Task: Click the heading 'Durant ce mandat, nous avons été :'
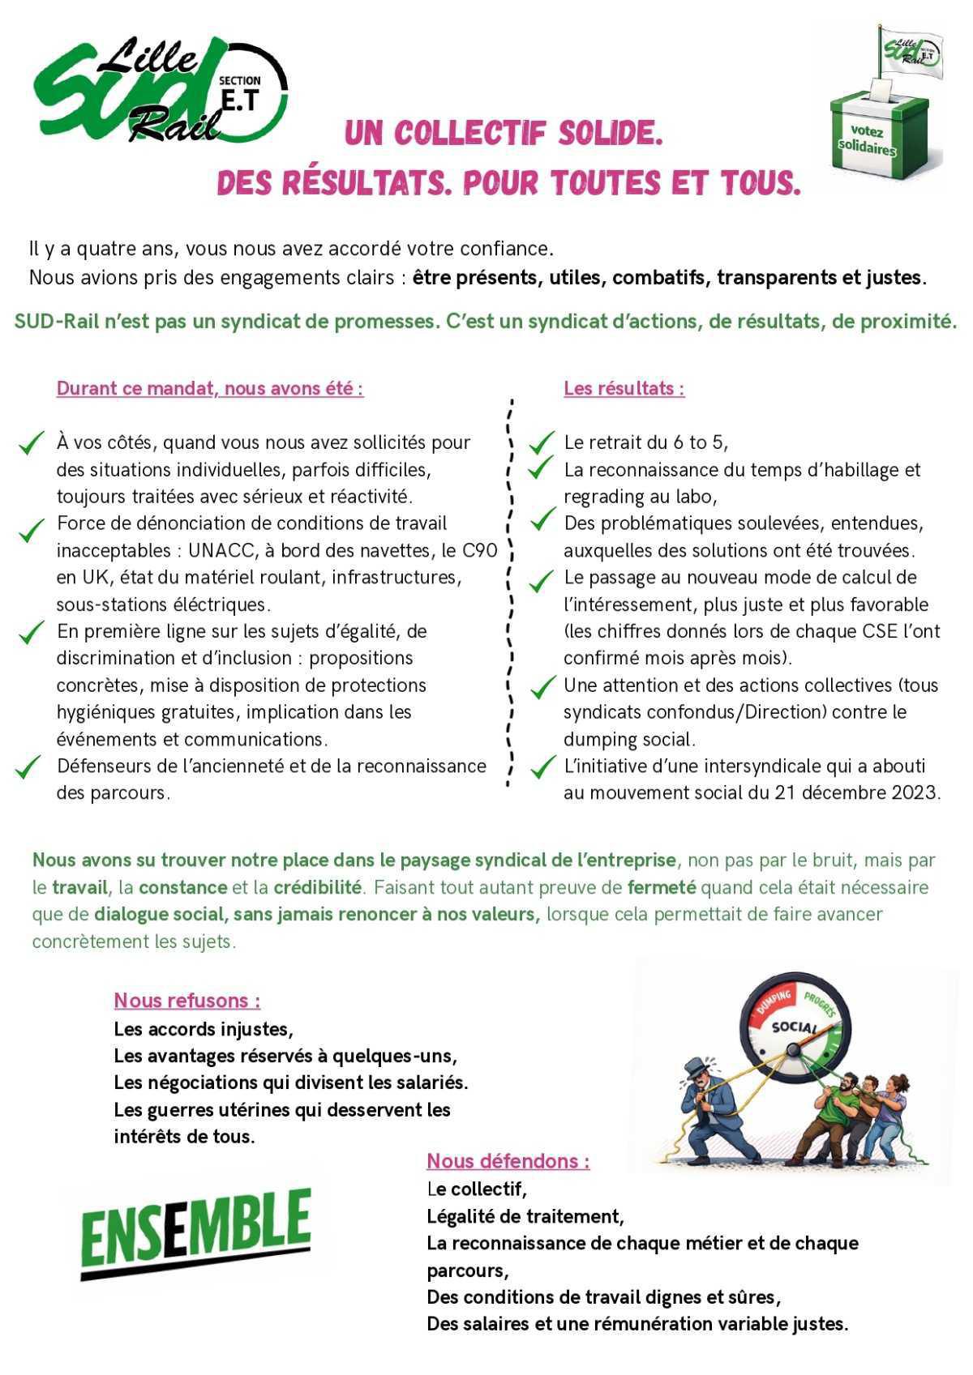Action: tap(210, 389)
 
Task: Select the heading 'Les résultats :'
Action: tap(624, 389)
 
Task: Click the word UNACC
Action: tap(220, 551)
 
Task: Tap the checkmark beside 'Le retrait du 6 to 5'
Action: tap(541, 442)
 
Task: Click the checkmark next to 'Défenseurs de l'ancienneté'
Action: tap(29, 766)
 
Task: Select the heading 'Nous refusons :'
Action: tap(187, 1001)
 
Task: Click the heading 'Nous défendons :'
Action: tap(508, 1161)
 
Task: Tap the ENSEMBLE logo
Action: tap(195, 1233)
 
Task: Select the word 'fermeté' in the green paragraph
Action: tap(662, 887)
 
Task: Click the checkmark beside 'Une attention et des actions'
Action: tap(542, 688)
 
